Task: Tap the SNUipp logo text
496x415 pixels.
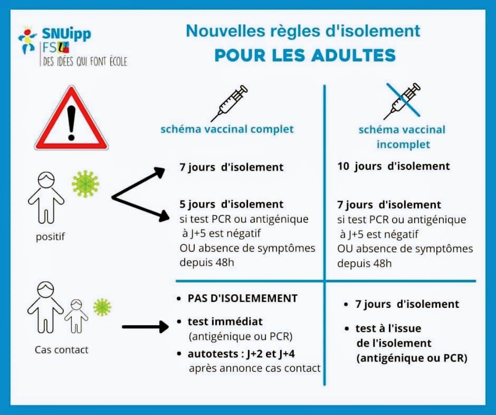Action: (x=67, y=34)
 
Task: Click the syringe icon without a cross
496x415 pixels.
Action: (x=229, y=103)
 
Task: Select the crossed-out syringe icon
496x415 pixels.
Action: (x=402, y=101)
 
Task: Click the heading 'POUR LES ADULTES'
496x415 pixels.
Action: (x=305, y=55)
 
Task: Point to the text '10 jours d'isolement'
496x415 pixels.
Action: (x=394, y=166)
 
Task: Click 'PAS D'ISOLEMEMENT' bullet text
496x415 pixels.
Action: (x=242, y=298)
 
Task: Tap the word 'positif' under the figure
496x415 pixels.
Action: (x=51, y=236)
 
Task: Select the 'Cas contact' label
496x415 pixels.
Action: (x=62, y=350)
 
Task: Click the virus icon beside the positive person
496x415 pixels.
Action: (x=85, y=184)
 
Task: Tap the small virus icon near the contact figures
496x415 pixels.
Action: (x=102, y=307)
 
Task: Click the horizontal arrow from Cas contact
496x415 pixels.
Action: (x=145, y=327)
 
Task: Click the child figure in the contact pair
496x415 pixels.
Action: (x=76, y=316)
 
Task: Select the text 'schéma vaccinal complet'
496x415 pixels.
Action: (x=227, y=129)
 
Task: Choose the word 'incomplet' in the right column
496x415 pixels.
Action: (x=403, y=144)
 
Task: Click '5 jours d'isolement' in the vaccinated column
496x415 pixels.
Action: (x=231, y=204)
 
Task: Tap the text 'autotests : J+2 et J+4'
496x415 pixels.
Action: (x=241, y=354)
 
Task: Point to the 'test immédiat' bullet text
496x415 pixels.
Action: (x=225, y=322)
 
